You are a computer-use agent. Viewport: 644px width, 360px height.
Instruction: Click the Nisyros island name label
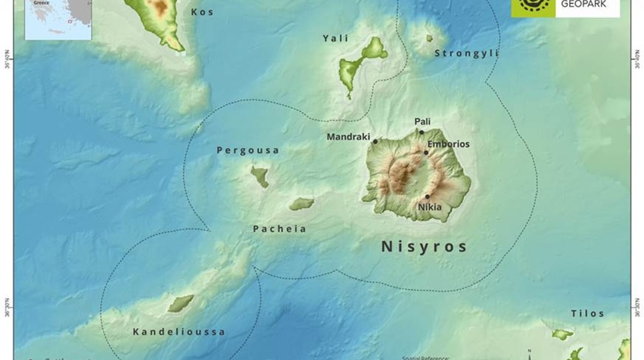pos(424,247)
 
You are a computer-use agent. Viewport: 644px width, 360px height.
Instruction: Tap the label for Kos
pos(202,12)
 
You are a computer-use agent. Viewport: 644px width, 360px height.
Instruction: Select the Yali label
pos(335,38)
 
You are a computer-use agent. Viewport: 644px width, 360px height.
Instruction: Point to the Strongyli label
pos(466,53)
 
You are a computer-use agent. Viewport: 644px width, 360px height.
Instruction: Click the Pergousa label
pos(248,151)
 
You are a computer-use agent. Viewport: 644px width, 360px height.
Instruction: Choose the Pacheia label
pos(279,229)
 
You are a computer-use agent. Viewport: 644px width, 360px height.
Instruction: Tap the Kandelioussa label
pos(179,332)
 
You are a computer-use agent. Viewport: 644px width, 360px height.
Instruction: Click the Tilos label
pos(587,314)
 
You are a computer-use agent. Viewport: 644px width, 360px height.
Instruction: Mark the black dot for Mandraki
pos(375,142)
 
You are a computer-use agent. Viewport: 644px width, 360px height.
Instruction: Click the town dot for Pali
pos(422,132)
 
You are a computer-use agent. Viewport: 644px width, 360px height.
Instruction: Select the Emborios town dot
pos(426,152)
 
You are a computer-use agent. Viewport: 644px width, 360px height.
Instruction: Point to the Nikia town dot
pos(428,196)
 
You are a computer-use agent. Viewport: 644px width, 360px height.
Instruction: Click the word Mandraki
pos(348,137)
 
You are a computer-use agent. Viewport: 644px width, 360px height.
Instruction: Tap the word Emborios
pos(449,144)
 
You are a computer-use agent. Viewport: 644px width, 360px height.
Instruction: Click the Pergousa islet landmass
pos(260,176)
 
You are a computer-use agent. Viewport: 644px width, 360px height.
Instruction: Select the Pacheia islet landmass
pos(302,204)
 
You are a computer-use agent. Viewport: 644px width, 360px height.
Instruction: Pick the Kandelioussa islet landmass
pos(180,303)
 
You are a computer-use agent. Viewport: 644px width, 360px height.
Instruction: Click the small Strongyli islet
pos(429,38)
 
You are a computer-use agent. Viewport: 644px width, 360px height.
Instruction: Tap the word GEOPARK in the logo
pos(583,4)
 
